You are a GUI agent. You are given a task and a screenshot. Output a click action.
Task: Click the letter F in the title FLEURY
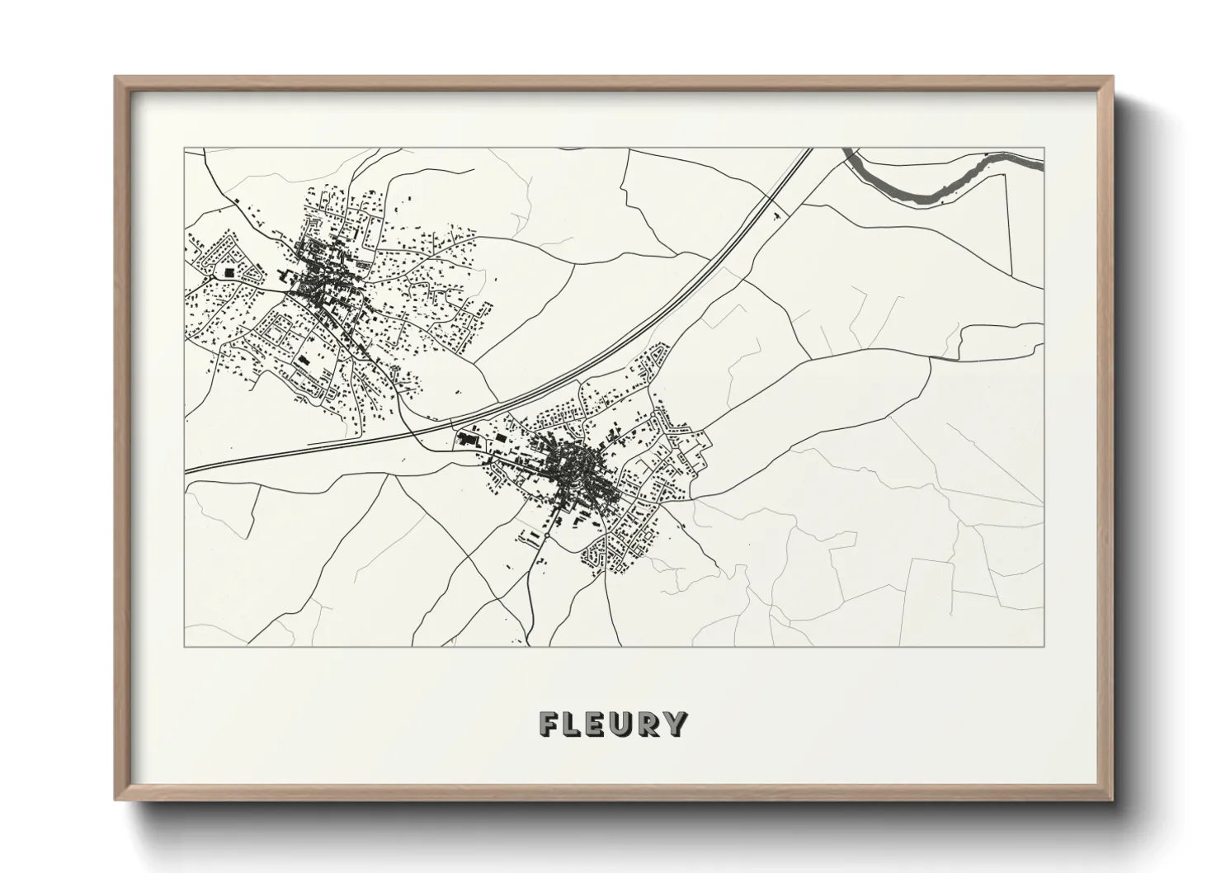[549, 724]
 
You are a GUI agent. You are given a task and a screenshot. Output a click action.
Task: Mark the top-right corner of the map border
[1044, 149]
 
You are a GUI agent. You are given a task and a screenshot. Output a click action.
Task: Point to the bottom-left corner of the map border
[185, 646]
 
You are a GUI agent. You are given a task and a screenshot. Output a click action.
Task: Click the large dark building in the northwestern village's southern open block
[302, 361]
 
